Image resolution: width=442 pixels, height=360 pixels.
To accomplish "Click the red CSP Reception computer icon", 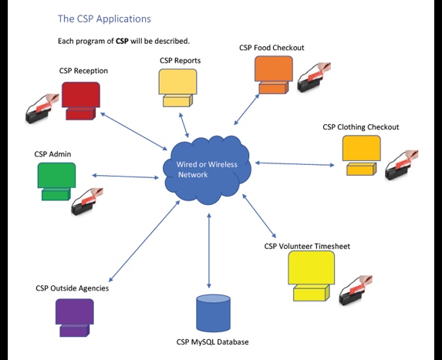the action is point(81,101).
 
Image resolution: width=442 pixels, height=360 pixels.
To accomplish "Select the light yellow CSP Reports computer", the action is point(178,88).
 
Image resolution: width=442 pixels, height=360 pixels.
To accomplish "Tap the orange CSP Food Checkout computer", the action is point(274,75).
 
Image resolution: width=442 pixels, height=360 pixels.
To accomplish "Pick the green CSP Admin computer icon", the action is point(56,182).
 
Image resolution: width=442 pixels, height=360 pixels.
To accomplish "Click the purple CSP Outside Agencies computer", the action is point(74,318).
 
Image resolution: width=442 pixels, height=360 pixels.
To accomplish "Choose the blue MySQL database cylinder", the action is point(214,313).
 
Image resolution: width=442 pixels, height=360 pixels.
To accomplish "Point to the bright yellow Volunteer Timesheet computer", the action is point(312,276).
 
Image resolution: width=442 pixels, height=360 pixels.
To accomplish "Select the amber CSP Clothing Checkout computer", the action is point(362,156).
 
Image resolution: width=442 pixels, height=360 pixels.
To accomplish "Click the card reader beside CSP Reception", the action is point(42,109).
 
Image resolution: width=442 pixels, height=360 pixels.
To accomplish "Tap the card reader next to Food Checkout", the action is point(314,77).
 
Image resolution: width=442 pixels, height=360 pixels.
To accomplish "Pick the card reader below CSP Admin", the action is point(87,201).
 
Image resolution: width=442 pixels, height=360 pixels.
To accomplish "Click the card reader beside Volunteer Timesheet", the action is point(356,291).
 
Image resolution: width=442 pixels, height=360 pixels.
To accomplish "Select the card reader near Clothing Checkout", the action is point(402,165).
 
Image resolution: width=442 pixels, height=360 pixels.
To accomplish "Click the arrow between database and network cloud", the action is point(209,251).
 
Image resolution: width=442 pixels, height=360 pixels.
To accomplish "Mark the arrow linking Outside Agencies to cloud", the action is point(144,241).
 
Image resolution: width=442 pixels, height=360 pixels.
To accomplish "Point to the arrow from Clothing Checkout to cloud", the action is point(295,164).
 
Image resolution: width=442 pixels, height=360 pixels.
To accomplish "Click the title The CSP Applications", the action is point(104,19).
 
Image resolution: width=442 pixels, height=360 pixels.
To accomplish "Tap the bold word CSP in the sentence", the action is point(122,41).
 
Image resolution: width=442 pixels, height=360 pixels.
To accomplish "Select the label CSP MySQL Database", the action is point(213,342).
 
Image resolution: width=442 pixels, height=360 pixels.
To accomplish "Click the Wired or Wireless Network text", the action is point(207,170).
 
